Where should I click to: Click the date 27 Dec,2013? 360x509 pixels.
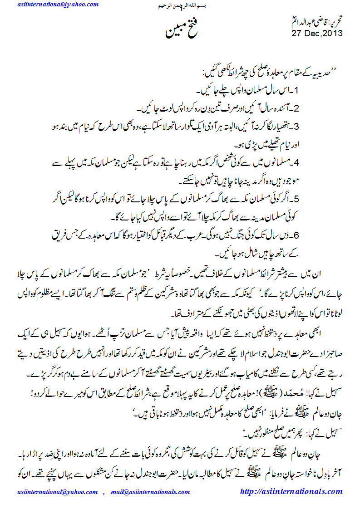(x=317, y=33)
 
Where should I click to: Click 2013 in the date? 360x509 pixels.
(x=332, y=33)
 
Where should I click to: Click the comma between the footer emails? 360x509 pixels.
(x=104, y=493)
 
